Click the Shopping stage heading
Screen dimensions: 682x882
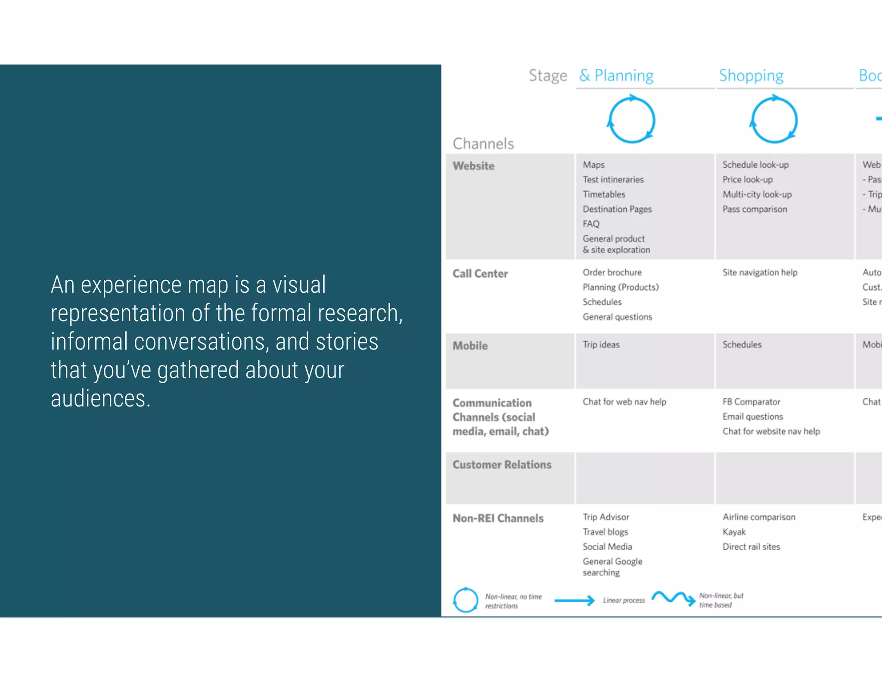(x=751, y=75)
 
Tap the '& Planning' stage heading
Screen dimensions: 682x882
(x=616, y=75)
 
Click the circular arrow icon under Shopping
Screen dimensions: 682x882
(x=774, y=120)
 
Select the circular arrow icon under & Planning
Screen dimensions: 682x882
(x=631, y=120)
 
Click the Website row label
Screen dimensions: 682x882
(x=473, y=166)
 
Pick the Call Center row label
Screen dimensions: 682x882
(x=480, y=274)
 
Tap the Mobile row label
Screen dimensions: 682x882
(x=470, y=346)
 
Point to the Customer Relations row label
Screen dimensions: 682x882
(x=502, y=465)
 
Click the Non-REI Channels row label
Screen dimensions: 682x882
(x=498, y=518)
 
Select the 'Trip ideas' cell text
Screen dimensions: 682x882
(x=601, y=344)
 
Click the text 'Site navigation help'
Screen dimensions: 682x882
(x=760, y=272)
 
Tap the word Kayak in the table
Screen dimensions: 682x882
(x=734, y=532)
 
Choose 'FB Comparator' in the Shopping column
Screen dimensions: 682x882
(x=751, y=402)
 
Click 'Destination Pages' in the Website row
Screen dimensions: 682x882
(x=617, y=209)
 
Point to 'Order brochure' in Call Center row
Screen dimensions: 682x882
(x=612, y=272)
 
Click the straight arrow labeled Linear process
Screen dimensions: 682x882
(x=574, y=600)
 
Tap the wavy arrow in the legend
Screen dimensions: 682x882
(x=673, y=598)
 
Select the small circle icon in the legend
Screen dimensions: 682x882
(x=465, y=600)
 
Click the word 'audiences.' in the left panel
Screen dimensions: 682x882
(x=100, y=398)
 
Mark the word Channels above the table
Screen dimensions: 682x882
(x=483, y=144)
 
